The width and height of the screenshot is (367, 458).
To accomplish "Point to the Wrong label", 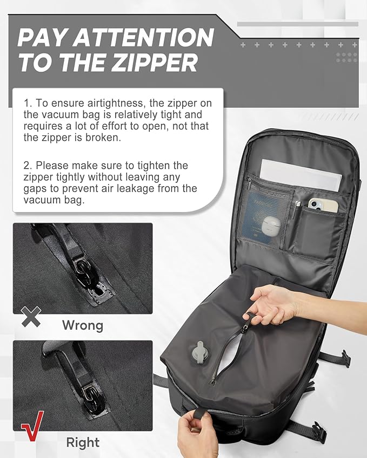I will (82, 325).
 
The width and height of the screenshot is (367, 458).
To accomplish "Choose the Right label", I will (83, 442).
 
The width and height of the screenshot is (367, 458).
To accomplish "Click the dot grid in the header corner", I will (346, 56).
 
